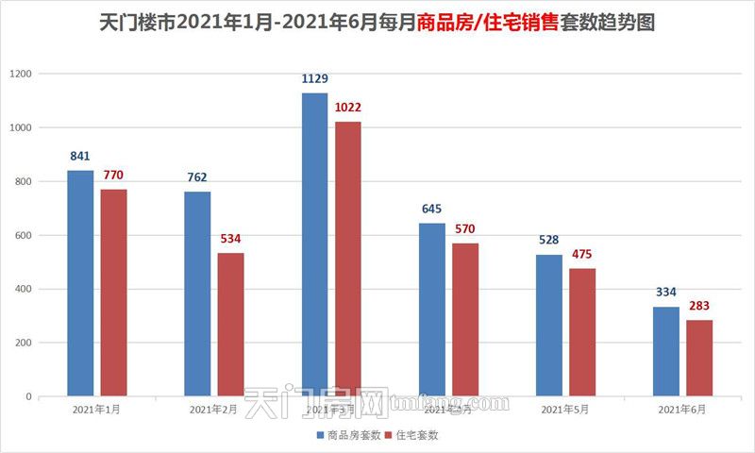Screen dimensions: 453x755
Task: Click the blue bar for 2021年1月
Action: click(x=80, y=283)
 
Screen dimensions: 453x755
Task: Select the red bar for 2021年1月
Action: click(x=113, y=293)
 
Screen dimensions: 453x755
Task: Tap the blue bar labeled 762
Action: click(x=197, y=294)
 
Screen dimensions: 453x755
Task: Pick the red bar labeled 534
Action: click(x=230, y=325)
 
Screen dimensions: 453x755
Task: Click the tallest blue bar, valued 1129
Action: click(x=314, y=244)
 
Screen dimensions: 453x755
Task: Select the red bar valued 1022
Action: click(x=347, y=259)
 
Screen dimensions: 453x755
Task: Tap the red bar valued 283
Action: click(x=699, y=358)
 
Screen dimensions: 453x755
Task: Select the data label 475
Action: click(x=582, y=255)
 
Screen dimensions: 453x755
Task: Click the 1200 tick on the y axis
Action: click(x=20, y=74)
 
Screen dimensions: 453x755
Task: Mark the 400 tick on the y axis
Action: click(x=23, y=289)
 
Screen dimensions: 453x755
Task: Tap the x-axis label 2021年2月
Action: click(x=213, y=410)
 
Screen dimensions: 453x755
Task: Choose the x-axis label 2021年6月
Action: click(x=681, y=410)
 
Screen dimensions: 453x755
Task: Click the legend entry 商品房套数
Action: click(x=348, y=435)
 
